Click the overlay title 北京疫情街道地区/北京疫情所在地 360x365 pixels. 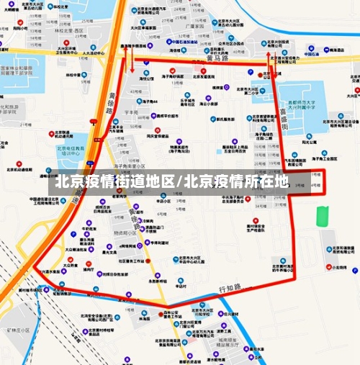[x=172, y=181]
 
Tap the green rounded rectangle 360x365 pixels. [x=323, y=215]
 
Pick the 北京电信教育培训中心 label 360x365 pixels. [x=71, y=150]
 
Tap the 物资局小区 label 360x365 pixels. [x=125, y=233]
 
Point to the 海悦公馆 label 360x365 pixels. [x=146, y=79]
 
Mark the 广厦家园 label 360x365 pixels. [x=190, y=26]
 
